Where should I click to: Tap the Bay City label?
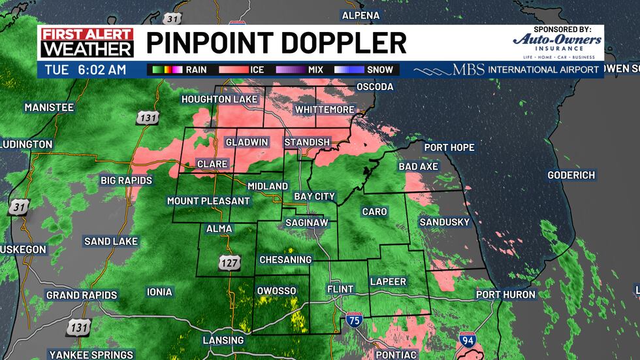(314, 196)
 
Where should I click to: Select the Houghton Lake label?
(218, 99)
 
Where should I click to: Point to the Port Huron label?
(505, 295)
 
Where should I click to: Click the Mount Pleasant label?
(208, 201)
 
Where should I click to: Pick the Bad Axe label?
(418, 167)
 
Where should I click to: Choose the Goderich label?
(571, 175)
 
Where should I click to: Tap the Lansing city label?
(223, 340)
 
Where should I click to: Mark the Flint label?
(340, 289)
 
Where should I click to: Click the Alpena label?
(360, 15)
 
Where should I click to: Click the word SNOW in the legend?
(380, 69)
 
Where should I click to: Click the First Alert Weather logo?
(86, 42)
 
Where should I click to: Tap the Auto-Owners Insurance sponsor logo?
(557, 43)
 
